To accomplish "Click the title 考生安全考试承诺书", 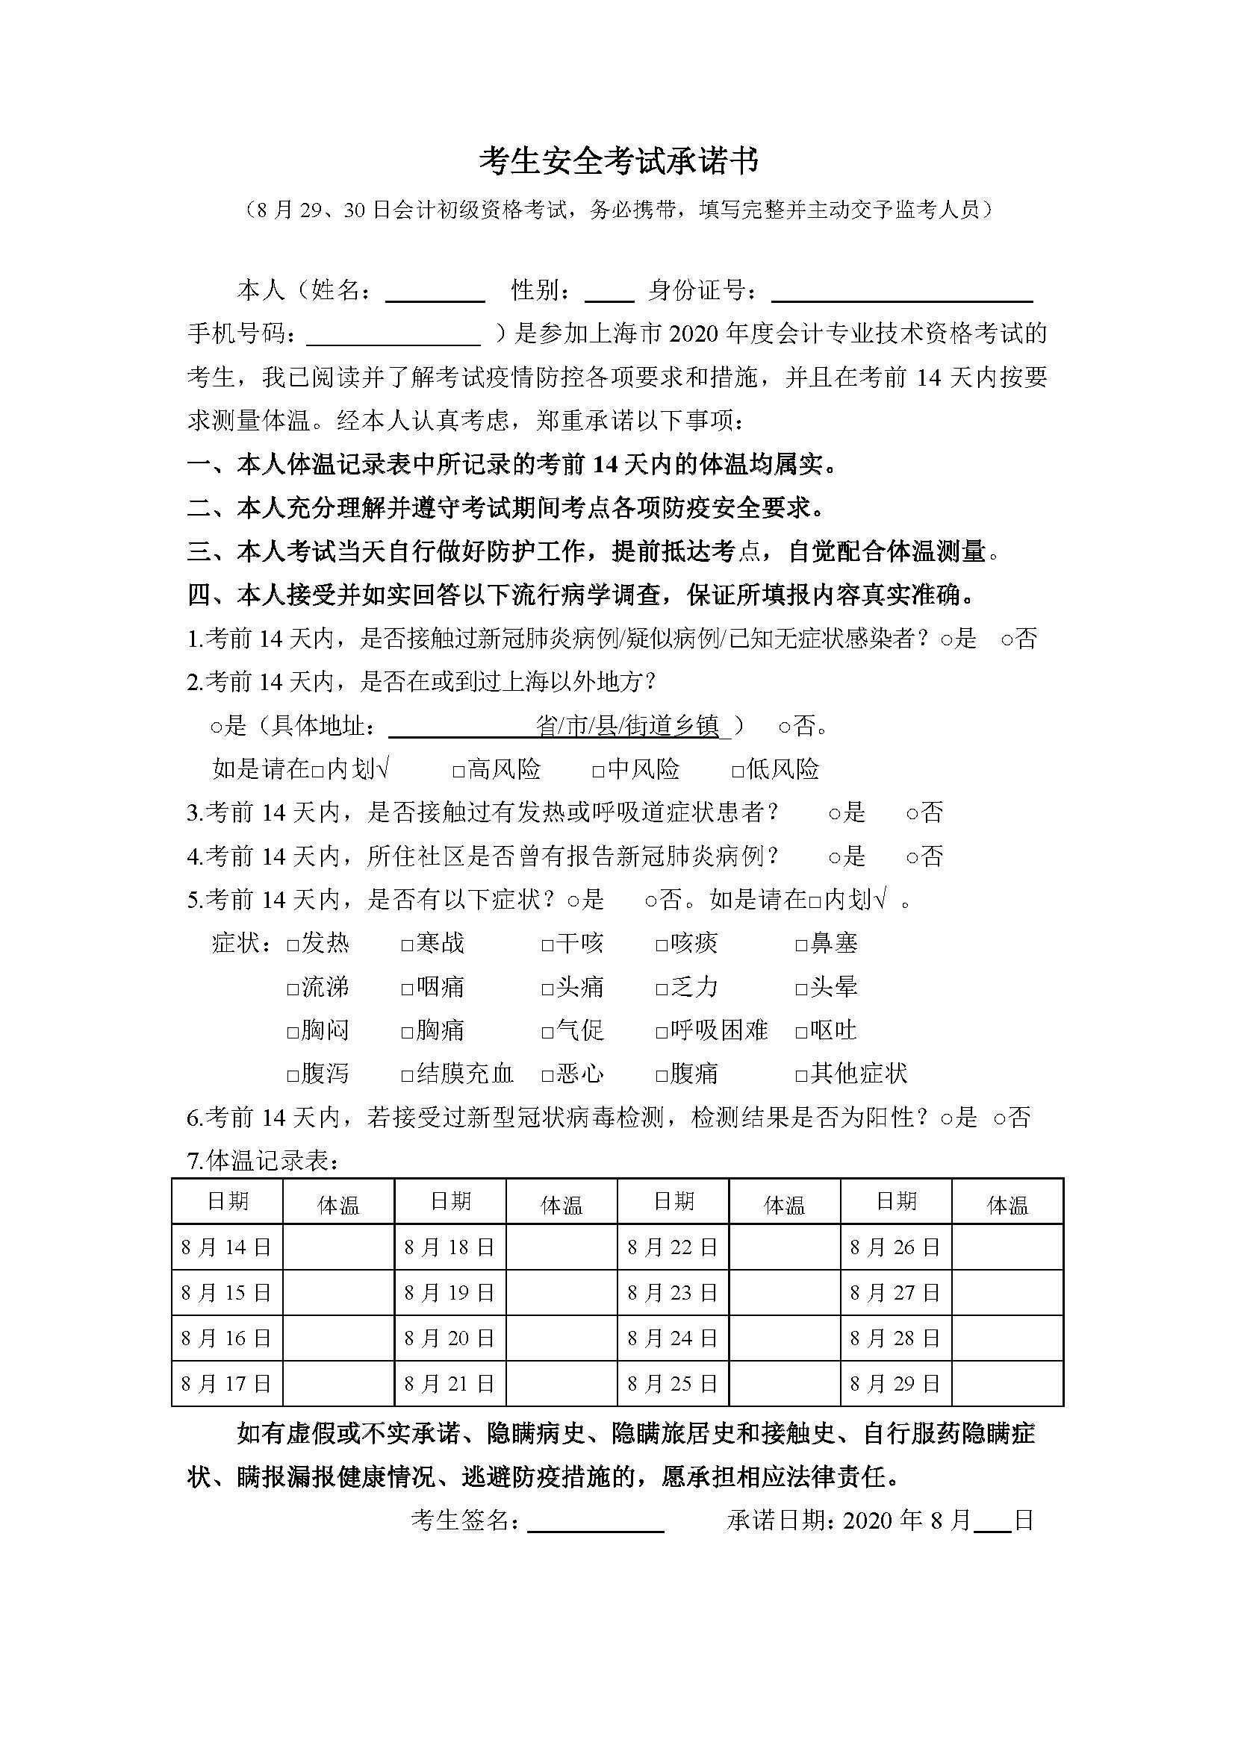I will coord(618,162).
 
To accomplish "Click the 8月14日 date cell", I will coord(227,1247).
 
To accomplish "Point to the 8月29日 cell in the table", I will coord(895,1384).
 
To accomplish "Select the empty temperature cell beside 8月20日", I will coord(561,1338).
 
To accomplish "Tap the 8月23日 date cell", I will coord(672,1293).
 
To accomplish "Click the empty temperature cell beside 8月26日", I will coord(1007,1247).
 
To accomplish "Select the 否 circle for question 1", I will coord(1006,641).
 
